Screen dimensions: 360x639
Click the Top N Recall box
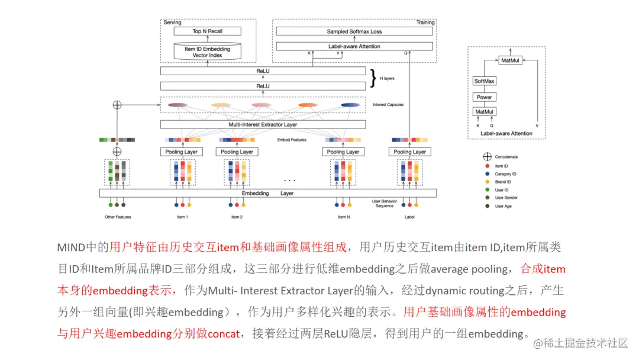click(208, 31)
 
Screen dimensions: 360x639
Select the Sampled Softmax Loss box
click(354, 31)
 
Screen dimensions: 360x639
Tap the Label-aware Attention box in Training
click(354, 46)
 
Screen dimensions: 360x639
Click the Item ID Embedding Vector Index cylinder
click(208, 52)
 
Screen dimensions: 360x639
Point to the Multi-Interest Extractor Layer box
click(263, 125)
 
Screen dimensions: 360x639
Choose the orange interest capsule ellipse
click(308, 105)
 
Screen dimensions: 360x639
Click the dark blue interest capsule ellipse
click(350, 105)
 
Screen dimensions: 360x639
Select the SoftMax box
click(485, 81)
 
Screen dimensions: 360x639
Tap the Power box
click(485, 97)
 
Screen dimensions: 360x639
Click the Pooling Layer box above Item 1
click(182, 152)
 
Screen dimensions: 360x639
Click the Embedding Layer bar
click(267, 193)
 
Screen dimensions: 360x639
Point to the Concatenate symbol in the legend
click(488, 157)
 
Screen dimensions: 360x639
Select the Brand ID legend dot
click(488, 182)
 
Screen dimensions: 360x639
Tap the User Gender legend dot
click(488, 198)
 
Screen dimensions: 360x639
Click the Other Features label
click(118, 217)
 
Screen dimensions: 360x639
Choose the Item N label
click(343, 217)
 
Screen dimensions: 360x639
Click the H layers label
click(387, 78)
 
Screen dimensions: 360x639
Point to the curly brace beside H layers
click(373, 78)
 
